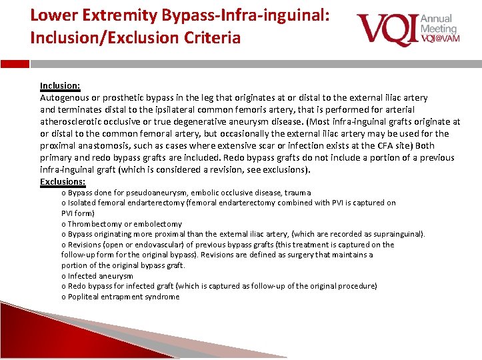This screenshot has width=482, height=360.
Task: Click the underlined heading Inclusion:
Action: pyautogui.click(x=60, y=86)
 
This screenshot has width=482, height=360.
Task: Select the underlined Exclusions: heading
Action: pyautogui.click(x=63, y=181)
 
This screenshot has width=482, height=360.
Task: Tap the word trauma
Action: pyautogui.click(x=297, y=193)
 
